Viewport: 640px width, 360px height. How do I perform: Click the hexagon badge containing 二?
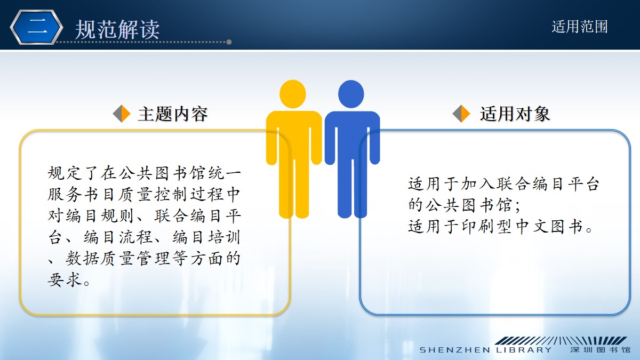37,27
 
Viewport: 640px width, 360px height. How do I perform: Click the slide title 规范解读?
117,29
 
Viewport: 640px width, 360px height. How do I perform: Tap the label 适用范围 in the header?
579,27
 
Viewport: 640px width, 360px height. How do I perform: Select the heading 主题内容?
173,114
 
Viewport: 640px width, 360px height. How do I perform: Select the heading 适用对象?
515,114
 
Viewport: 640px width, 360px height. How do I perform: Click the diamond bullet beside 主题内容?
122,114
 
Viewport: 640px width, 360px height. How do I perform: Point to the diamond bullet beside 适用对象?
461,114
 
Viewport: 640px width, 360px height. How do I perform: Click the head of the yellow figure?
293,94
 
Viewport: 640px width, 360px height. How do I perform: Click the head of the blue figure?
351,94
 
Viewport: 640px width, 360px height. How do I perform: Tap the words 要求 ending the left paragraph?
65,279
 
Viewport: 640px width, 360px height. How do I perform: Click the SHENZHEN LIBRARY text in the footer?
486,350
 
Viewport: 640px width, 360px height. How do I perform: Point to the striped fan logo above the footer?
561,340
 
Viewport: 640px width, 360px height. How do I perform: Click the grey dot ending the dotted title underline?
229,42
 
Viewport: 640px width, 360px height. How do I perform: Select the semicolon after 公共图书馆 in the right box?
518,206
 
